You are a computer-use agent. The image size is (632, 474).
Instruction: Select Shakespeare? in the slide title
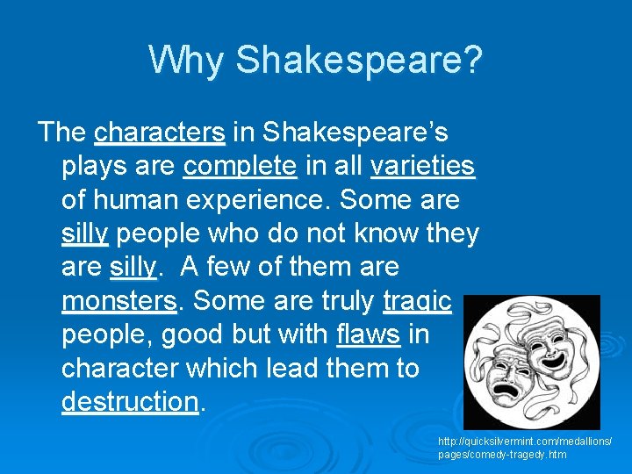click(359, 61)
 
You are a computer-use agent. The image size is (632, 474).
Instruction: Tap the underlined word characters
click(160, 133)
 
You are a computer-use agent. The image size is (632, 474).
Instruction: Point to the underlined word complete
click(241, 166)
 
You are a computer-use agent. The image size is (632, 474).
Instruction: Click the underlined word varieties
click(422, 166)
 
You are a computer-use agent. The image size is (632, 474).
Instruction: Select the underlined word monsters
click(119, 301)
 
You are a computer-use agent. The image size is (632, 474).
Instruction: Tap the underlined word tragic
click(417, 301)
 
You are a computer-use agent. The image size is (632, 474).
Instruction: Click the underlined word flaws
click(367, 334)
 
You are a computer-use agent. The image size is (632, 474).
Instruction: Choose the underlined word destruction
click(131, 402)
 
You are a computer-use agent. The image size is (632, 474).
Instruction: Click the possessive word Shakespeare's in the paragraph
click(356, 133)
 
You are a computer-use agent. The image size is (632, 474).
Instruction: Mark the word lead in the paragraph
click(316, 368)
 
